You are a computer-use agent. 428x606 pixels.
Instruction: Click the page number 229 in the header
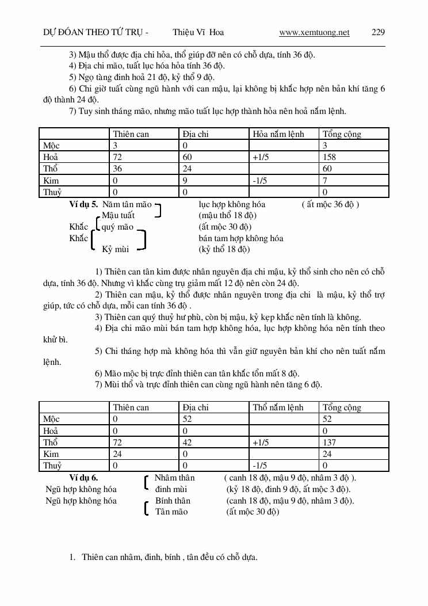(x=378, y=32)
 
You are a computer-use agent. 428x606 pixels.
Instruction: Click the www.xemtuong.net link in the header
(x=314, y=32)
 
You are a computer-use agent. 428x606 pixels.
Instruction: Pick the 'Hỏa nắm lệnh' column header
(x=278, y=134)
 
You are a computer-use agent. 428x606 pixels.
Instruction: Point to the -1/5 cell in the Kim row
(x=259, y=181)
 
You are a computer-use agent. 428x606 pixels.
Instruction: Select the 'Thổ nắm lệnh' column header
(x=278, y=407)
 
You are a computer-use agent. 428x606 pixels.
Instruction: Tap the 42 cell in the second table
(x=187, y=443)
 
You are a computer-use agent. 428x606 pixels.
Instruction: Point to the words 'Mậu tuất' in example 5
(x=118, y=215)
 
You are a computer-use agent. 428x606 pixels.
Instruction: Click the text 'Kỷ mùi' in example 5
(x=115, y=249)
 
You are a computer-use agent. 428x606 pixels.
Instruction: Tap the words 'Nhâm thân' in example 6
(x=175, y=478)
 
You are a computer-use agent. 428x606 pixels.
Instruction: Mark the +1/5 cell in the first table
(x=260, y=157)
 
